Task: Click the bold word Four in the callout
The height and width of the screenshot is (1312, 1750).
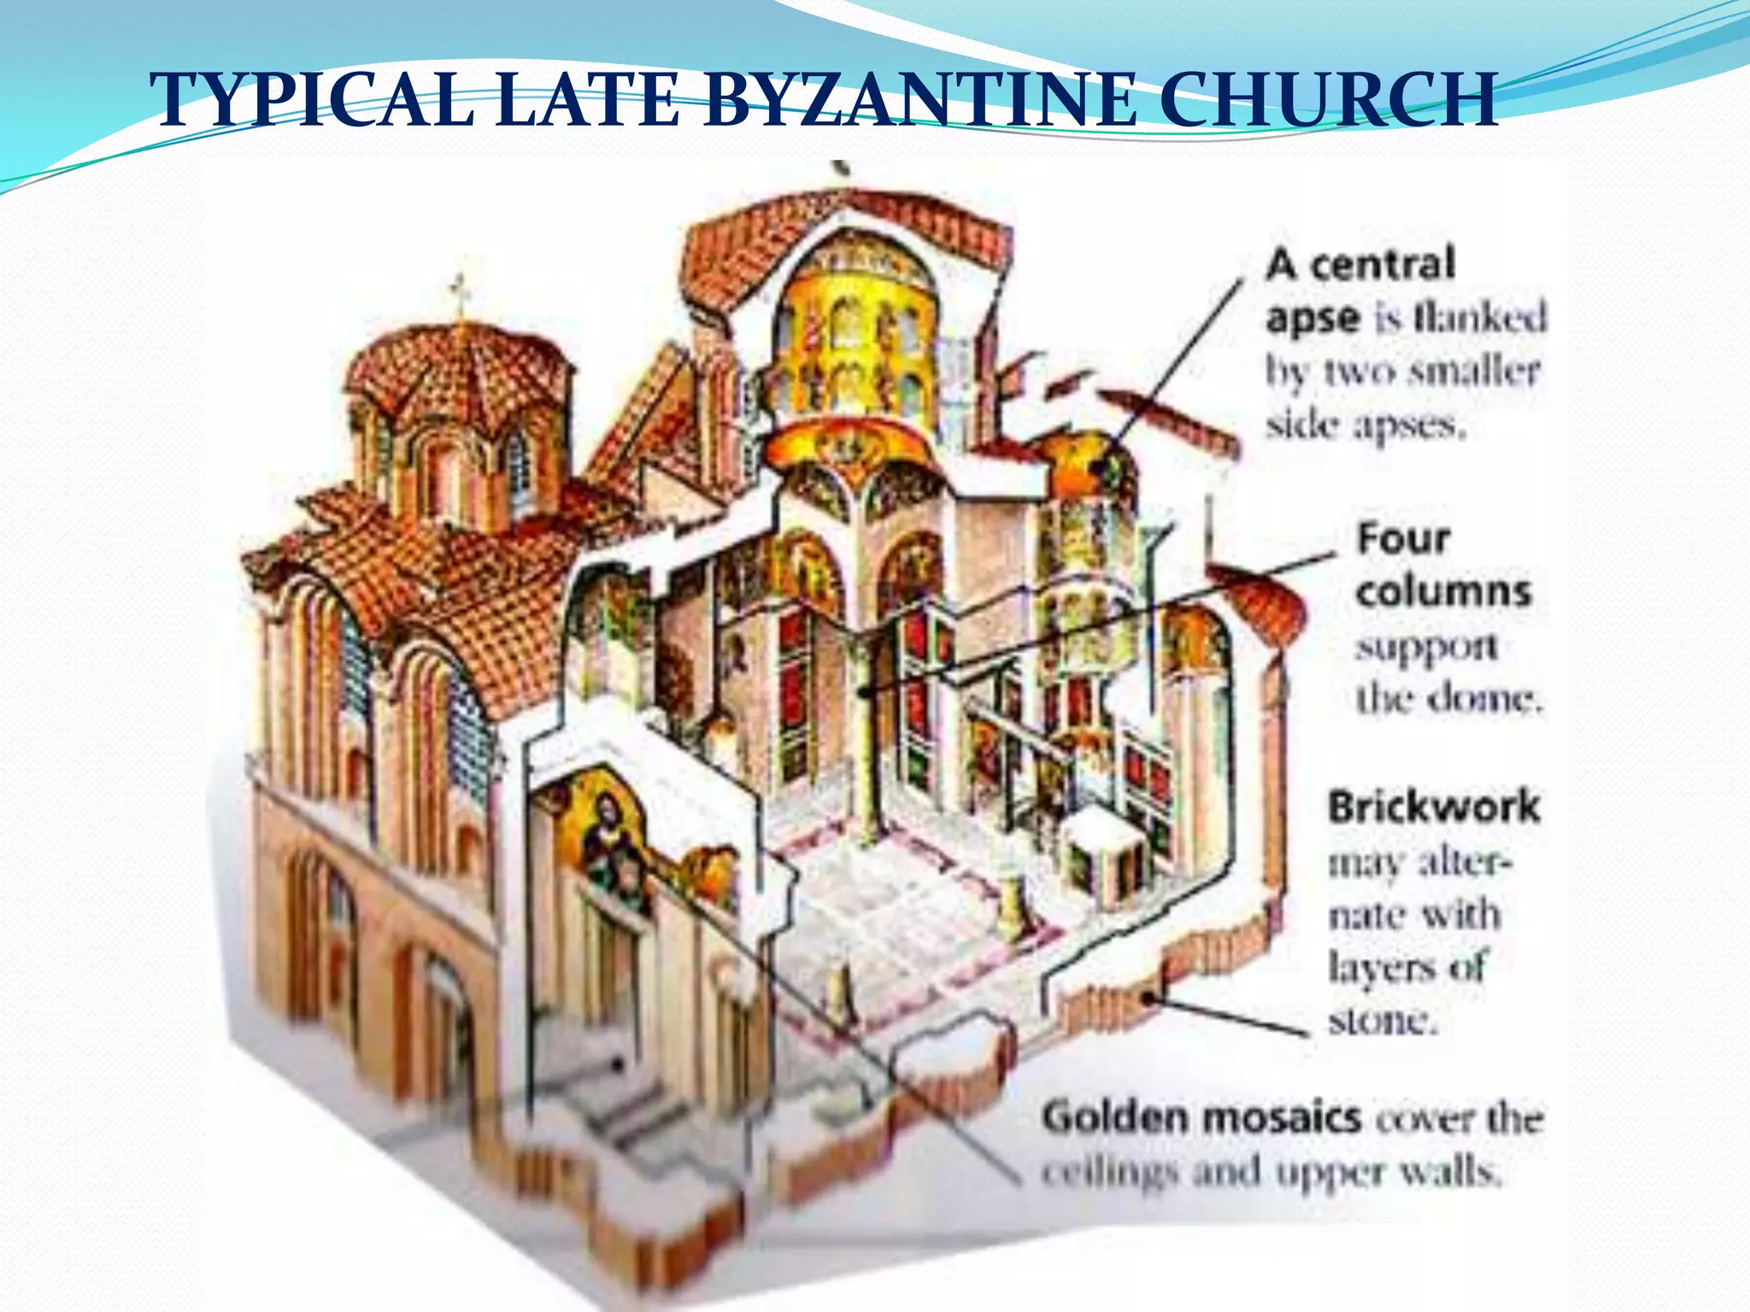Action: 1404,539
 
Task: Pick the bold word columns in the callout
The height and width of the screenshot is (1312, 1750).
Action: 1443,592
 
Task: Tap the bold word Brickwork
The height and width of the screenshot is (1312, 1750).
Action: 1434,806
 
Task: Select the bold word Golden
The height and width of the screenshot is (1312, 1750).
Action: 1116,1117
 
